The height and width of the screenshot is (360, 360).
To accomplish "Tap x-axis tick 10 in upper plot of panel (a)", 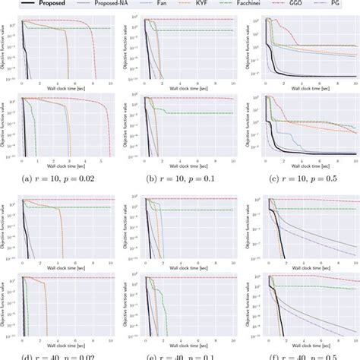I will click(x=111, y=84).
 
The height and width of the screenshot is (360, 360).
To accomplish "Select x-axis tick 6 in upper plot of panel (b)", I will click(x=195, y=84).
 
